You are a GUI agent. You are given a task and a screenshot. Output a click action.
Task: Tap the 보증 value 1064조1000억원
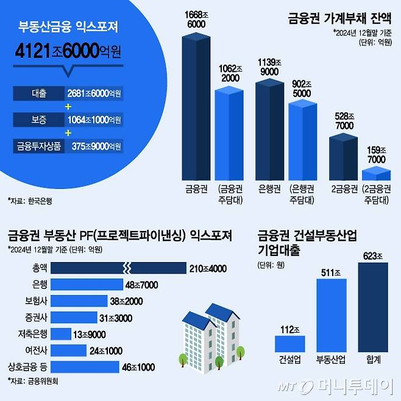pyautogui.click(x=94, y=119)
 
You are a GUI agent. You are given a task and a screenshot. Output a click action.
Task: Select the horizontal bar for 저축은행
pyautogui.click(x=61, y=334)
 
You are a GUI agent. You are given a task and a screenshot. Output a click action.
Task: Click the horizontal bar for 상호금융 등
pyautogui.click(x=85, y=367)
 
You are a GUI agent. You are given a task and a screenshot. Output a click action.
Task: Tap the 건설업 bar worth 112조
pyautogui.click(x=289, y=342)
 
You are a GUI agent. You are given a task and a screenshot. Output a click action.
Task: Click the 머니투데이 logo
pyautogui.click(x=339, y=386)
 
